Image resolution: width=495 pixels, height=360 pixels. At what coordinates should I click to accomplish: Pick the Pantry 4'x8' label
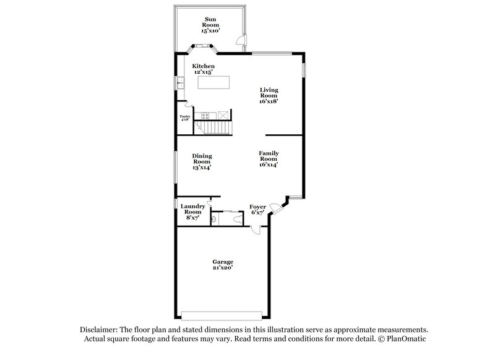pyautogui.click(x=184, y=118)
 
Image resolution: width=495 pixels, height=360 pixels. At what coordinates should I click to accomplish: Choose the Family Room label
pyautogui.click(x=269, y=158)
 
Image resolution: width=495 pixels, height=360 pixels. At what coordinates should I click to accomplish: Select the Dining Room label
pyautogui.click(x=202, y=161)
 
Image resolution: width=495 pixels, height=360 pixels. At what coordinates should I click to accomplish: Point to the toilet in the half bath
pyautogui.click(x=213, y=218)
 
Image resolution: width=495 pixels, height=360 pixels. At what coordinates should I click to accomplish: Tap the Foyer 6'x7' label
pyautogui.click(x=257, y=209)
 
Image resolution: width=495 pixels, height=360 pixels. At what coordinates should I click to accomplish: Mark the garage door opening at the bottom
pyautogui.click(x=223, y=312)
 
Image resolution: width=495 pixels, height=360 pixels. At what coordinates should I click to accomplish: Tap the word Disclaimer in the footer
pyautogui.click(x=102, y=330)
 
